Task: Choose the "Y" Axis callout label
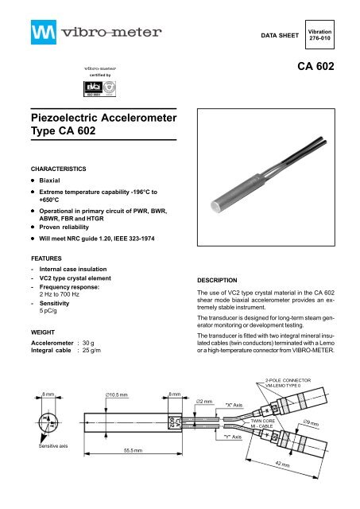tap(236, 458)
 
